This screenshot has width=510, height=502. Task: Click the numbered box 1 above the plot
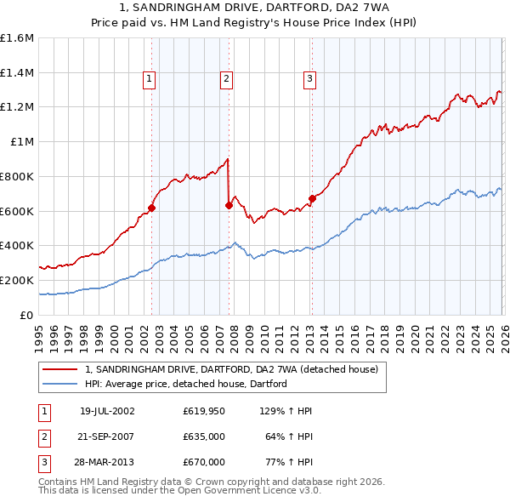click(x=150, y=79)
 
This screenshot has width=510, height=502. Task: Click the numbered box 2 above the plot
click(x=227, y=79)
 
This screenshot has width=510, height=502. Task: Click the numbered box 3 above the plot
click(x=309, y=79)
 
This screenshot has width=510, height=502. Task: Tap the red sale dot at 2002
click(x=152, y=207)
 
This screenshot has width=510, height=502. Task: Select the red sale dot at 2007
click(x=229, y=204)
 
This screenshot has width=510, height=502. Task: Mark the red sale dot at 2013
click(x=312, y=198)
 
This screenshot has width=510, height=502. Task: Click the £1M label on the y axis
click(x=21, y=142)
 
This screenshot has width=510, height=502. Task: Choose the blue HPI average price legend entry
click(x=185, y=384)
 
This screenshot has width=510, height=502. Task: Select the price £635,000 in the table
click(x=204, y=436)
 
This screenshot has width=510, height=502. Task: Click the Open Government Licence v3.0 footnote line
click(x=179, y=491)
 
